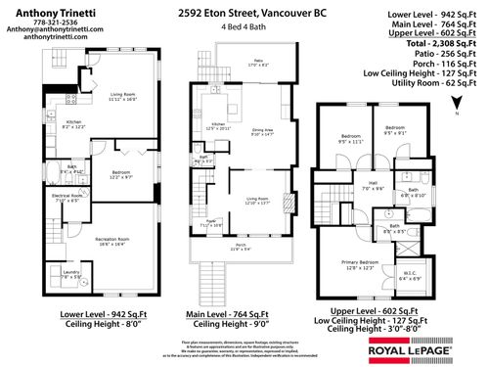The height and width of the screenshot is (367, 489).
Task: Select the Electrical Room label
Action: click(68, 197)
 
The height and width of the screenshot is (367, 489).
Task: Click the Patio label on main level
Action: click(258, 62)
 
